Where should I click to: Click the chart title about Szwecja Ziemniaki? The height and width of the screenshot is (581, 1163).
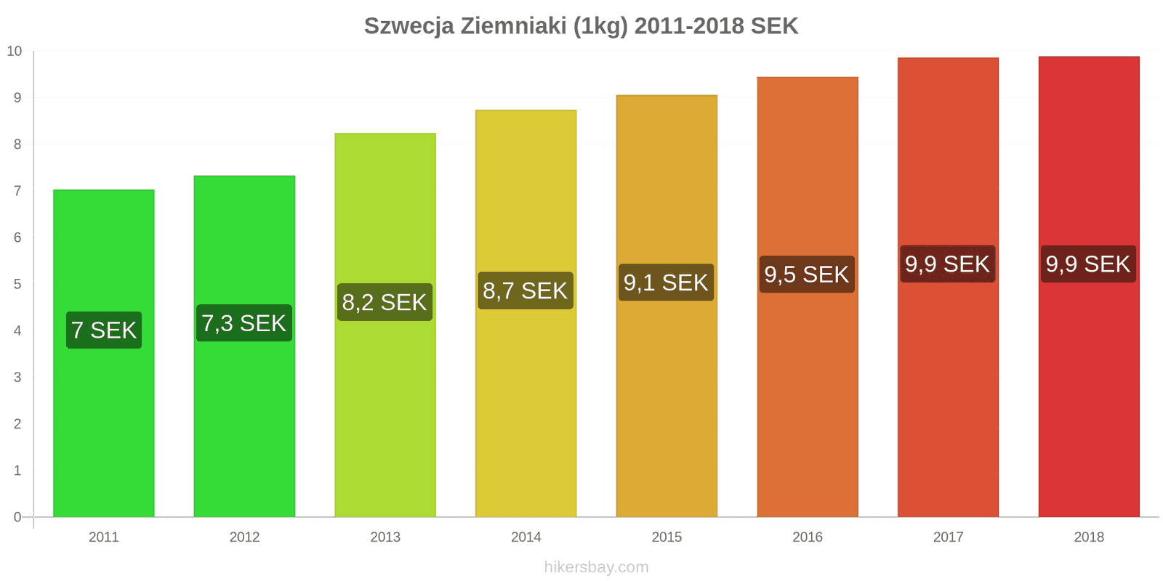[x=581, y=26]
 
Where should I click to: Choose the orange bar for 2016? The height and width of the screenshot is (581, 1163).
[x=807, y=407]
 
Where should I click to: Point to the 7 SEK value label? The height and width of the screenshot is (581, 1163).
[x=104, y=330]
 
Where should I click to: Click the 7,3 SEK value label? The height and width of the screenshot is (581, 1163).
[x=244, y=323]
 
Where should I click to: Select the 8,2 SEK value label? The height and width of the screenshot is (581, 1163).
[x=385, y=302]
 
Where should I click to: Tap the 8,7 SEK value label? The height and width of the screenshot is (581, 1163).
[x=526, y=290]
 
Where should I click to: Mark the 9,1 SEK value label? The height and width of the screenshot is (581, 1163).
[x=666, y=283]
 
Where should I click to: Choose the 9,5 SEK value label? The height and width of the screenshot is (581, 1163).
[x=807, y=275]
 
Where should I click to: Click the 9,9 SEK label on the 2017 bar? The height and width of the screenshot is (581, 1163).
[x=947, y=264]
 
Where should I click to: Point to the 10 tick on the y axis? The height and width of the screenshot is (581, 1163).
[x=15, y=51]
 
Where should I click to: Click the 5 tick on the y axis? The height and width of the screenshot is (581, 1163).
[x=17, y=284]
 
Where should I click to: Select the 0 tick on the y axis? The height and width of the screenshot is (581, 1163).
[x=17, y=517]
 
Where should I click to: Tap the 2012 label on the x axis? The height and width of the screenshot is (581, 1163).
[x=244, y=537]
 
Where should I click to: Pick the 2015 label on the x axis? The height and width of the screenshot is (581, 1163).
[x=667, y=537]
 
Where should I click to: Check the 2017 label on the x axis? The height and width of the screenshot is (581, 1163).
[x=948, y=537]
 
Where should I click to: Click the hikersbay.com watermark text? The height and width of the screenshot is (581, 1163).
[x=596, y=567]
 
